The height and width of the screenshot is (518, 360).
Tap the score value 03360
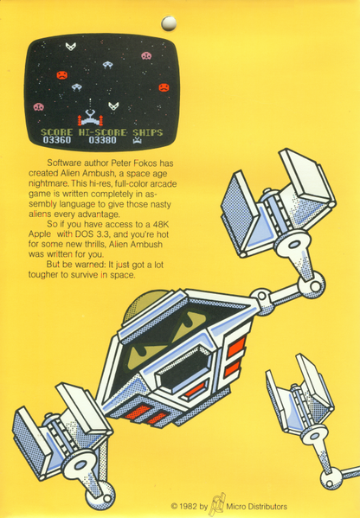[x=57, y=140]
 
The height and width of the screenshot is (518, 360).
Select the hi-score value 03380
[x=102, y=140]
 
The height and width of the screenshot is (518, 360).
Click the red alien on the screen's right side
[x=164, y=86]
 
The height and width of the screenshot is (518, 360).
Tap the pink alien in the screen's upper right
[x=146, y=56]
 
